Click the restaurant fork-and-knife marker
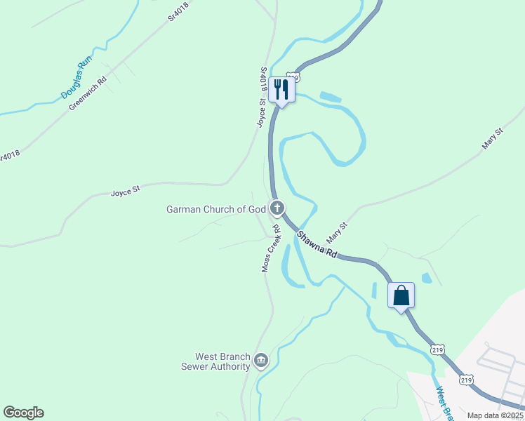[281, 89]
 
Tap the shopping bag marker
[401, 295]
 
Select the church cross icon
[278, 208]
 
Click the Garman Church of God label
[216, 209]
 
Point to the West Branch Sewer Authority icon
[260, 361]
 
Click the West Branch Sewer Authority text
[215, 361]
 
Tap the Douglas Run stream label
[77, 78]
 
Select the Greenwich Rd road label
[87, 93]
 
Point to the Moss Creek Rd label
[271, 248]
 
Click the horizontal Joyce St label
[126, 190]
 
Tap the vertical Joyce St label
[260, 112]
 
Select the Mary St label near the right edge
[493, 138]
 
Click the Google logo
[23, 413]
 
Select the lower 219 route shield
[465, 380]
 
